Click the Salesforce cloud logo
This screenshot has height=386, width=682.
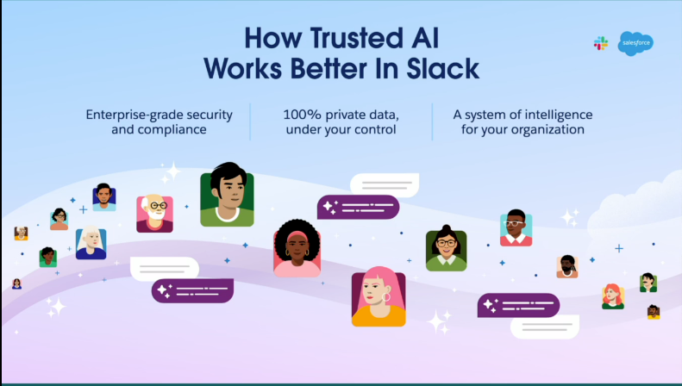pyautogui.click(x=635, y=43)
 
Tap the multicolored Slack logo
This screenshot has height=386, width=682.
pyautogui.click(x=601, y=43)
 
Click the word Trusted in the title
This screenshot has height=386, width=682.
pyautogui.click(x=357, y=38)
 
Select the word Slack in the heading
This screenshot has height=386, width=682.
pyautogui.click(x=443, y=68)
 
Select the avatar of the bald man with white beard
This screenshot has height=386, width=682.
pyautogui.click(x=155, y=213)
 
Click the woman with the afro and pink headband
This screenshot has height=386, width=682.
pyautogui.click(x=297, y=248)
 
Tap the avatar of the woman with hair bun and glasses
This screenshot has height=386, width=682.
pyautogui.click(x=447, y=249)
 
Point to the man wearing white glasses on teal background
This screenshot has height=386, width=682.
pyautogui.click(x=516, y=227)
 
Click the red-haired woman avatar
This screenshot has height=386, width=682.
pyautogui.click(x=613, y=296)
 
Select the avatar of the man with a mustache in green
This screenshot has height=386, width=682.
pyautogui.click(x=648, y=283)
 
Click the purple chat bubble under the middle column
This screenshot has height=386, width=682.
pyautogui.click(x=359, y=207)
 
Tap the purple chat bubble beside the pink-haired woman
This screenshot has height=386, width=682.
pyautogui.click(x=518, y=305)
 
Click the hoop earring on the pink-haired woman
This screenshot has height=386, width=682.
pyautogui.click(x=385, y=297)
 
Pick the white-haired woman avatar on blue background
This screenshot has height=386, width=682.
pyautogui.click(x=91, y=243)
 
